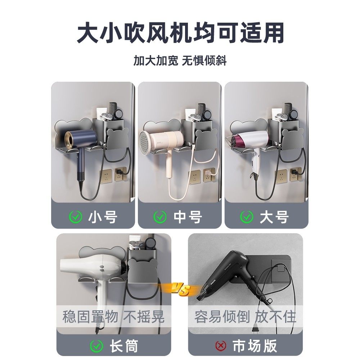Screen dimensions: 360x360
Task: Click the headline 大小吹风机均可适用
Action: tap(180, 33)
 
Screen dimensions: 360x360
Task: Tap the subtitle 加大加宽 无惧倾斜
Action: tap(180, 60)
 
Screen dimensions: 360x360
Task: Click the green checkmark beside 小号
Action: tap(75, 217)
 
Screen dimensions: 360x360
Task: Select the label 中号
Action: tap(188, 217)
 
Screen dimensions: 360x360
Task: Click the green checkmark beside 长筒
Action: tap(96, 346)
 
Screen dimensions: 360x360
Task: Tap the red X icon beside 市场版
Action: tap(221, 346)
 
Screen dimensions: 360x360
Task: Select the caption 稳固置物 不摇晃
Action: tap(113, 317)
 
